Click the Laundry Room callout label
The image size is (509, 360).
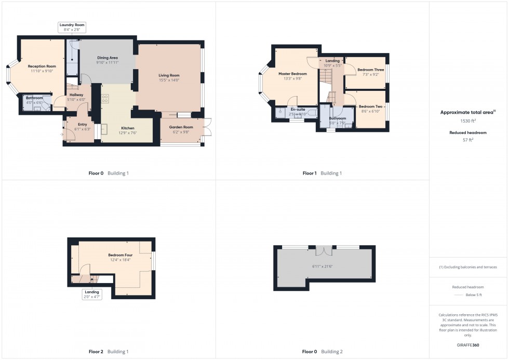pos(72,24)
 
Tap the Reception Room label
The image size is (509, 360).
pos(42,66)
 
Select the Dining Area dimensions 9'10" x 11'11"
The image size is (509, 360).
pos(108,62)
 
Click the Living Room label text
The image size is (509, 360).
pos(169,75)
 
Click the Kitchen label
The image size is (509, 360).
pos(128,128)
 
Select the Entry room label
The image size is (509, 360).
pos(82,124)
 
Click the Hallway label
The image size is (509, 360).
pos(76,95)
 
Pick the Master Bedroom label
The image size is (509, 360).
pos(292,74)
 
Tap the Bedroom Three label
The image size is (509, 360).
pos(370,69)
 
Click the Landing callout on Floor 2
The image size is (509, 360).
pos(92,292)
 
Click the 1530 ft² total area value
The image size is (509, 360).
pos(468,121)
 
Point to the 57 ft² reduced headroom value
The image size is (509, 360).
pos(468,140)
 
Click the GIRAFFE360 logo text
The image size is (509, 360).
pos(468,345)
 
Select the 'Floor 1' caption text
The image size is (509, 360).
pos(310,173)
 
